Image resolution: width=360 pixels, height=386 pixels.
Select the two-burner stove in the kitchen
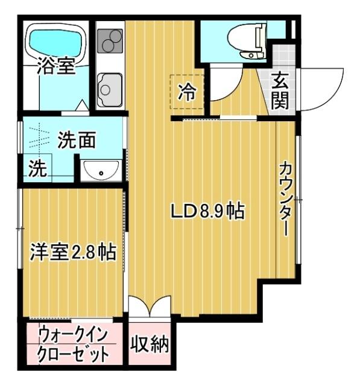(x=110, y=42)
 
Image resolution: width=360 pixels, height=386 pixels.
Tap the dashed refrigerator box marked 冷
(x=188, y=92)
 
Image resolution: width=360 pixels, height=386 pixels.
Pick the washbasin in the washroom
(x=101, y=171)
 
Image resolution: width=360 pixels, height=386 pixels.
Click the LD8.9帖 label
(x=207, y=212)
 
